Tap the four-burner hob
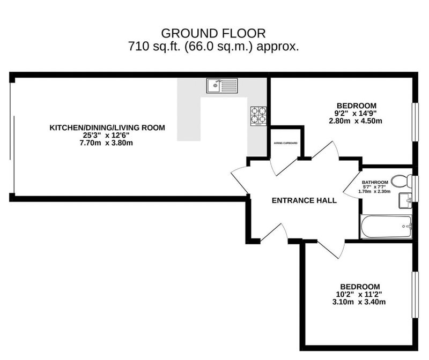(x=258, y=116)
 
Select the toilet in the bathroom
(x=401, y=181)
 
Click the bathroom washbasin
(x=405, y=201)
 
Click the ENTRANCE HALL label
(x=304, y=200)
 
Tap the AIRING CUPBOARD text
(x=286, y=143)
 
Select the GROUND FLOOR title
(x=213, y=33)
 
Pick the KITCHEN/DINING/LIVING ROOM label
(x=107, y=127)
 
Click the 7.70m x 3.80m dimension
(x=106, y=142)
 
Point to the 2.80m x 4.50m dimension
(x=356, y=121)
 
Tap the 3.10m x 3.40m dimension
(x=359, y=302)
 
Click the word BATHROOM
(x=375, y=182)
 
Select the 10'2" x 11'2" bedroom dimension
(x=359, y=295)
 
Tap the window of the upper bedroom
(x=415, y=122)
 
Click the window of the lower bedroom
(x=415, y=295)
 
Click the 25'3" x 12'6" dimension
(x=106, y=135)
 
